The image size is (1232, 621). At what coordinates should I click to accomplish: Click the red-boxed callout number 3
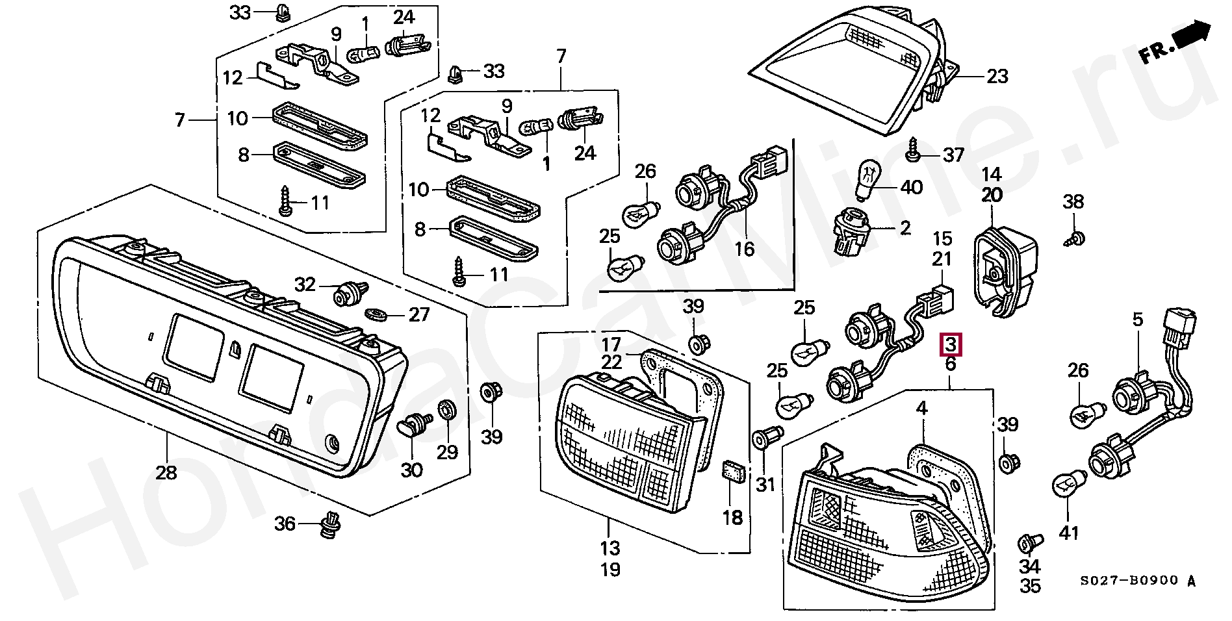pos(951,344)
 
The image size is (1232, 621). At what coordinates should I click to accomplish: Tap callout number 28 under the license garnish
pos(166,472)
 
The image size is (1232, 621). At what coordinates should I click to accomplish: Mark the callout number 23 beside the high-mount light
pos(997,77)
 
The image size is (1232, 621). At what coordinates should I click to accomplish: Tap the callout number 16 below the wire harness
pos(745,249)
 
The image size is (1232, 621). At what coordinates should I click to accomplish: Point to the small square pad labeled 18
pos(732,472)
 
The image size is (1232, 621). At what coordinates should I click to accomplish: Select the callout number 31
pos(766,484)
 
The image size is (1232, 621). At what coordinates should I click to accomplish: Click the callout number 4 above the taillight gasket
pos(922,409)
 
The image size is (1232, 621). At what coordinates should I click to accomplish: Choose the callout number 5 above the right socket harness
pos(1137,319)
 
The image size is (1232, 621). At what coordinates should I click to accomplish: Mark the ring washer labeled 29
pos(448,411)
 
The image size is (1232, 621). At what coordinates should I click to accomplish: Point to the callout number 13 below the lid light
pos(610,548)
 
